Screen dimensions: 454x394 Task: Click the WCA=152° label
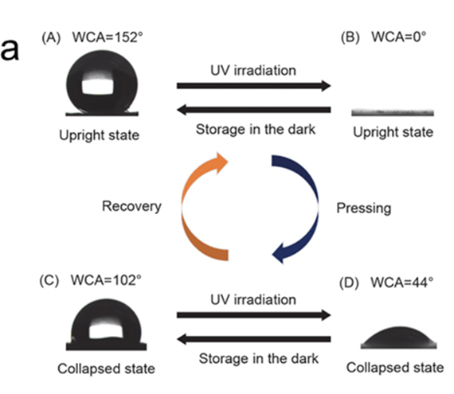[x=108, y=37]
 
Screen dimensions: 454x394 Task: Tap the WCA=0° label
[x=399, y=37]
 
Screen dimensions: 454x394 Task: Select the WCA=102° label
[x=106, y=280]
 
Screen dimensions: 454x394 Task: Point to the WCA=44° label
[x=402, y=283]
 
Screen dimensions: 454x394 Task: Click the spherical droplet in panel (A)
[x=102, y=83]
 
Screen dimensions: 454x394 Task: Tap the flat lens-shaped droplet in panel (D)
[x=399, y=337]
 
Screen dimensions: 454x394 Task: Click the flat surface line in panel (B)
[x=393, y=112]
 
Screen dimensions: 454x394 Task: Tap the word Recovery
[x=131, y=206]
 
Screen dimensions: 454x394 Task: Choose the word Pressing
[x=364, y=209]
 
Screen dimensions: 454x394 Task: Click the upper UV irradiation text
[x=253, y=70]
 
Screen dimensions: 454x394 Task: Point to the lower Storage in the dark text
[x=259, y=358]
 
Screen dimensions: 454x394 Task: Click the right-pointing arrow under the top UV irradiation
[x=253, y=85]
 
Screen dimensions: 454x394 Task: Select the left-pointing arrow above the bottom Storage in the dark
[x=253, y=339]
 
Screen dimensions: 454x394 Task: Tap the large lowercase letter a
[x=10, y=50]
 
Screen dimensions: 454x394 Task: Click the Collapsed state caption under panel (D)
[x=395, y=368]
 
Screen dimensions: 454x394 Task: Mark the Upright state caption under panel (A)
[x=100, y=135]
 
